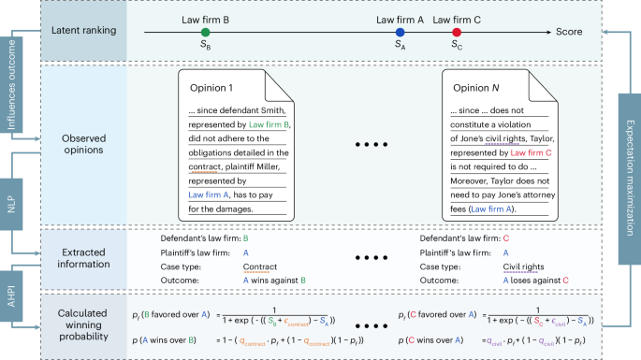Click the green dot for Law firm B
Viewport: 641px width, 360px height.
point(205,33)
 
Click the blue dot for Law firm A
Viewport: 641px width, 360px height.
point(400,33)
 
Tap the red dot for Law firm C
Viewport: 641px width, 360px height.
point(456,33)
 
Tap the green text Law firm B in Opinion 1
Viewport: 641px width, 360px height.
point(270,123)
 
